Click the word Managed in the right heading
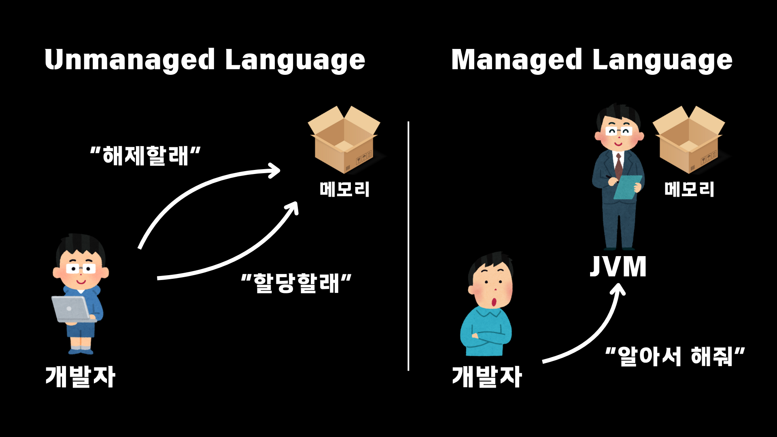516,60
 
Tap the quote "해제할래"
145,156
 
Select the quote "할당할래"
296,283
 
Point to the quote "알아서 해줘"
675,356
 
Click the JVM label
618,267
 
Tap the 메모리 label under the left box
344,189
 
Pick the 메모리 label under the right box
689,189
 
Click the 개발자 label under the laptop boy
81,377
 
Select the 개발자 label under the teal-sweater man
487,377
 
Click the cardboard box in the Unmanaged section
344,140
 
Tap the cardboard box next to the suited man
689,140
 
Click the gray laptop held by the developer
71,309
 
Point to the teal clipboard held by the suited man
627,187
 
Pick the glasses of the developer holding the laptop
81,269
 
